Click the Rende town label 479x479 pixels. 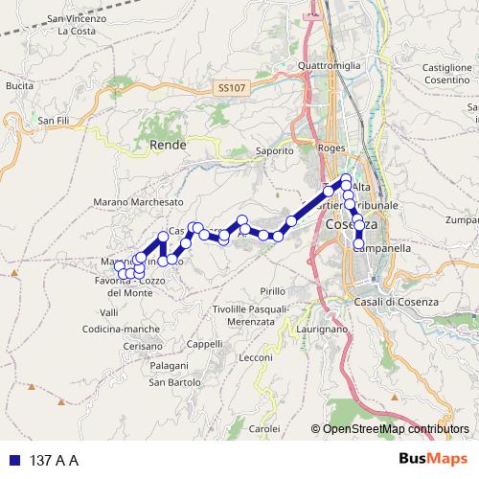(169, 145)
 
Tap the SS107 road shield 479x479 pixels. (231, 87)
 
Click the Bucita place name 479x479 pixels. (19, 85)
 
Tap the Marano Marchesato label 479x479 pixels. (138, 202)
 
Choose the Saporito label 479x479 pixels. (275, 150)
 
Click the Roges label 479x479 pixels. (331, 148)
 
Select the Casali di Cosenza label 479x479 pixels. (396, 303)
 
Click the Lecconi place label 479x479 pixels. (256, 357)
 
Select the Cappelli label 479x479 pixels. (204, 344)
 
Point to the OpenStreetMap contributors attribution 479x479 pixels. (396, 429)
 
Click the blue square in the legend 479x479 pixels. (14, 461)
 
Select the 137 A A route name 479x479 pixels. (54, 461)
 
